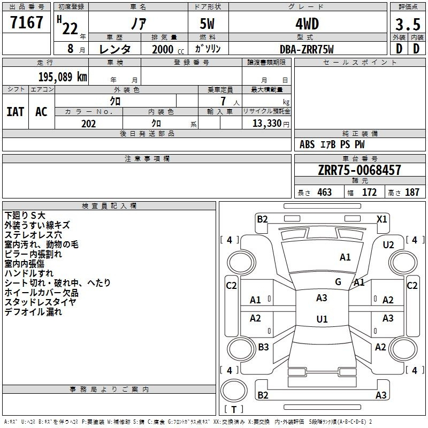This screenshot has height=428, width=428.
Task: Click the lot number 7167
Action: pos(27,22)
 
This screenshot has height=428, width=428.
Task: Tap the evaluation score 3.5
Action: pos(408,24)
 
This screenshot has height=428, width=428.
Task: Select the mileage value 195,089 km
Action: pos(63,77)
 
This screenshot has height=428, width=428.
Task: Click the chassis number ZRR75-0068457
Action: pos(360,170)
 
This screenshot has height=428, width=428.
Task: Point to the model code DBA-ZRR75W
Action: pos(307,49)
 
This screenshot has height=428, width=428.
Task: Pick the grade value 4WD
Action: pos(307,24)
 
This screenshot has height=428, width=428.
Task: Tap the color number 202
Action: pos(88,124)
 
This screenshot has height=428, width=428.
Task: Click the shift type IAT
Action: pos(16,112)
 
